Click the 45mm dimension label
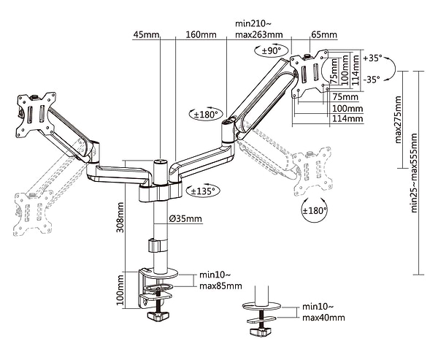(x=146, y=35)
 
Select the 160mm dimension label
(x=201, y=35)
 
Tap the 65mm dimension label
(x=324, y=35)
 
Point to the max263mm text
(x=259, y=35)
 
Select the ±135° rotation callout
(x=203, y=191)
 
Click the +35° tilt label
(x=372, y=58)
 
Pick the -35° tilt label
(x=372, y=80)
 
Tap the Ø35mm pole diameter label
(x=185, y=218)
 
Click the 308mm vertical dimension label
(x=120, y=217)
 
